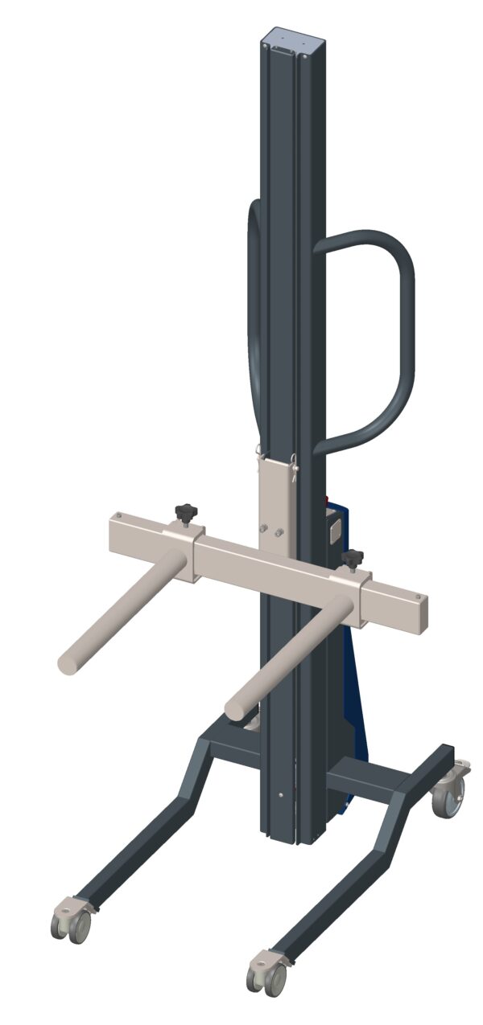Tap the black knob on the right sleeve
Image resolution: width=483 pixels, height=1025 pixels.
click(352, 557)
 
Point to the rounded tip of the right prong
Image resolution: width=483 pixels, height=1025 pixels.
click(235, 710)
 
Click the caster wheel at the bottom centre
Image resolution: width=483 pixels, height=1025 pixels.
click(266, 975)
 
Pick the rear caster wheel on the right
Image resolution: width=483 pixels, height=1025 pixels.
click(448, 801)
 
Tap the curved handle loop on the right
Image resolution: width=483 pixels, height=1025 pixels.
click(398, 338)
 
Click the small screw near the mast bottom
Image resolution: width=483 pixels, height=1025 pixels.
click(279, 795)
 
